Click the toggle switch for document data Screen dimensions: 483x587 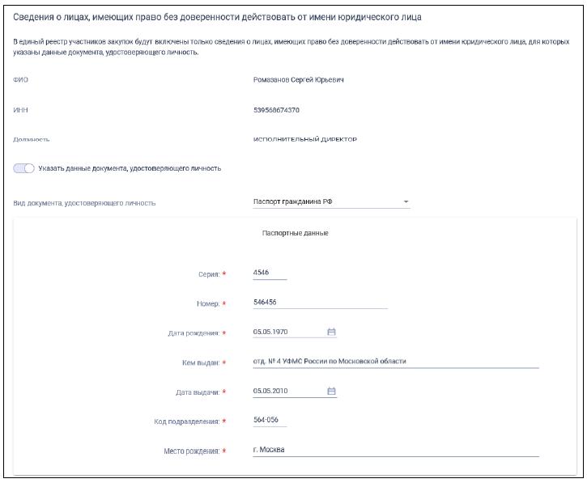coord(23,168)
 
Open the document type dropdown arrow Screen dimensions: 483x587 coord(406,202)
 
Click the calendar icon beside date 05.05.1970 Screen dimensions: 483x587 coord(331,332)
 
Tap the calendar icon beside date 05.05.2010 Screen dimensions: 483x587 coord(331,392)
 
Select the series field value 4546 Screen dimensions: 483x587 coord(262,273)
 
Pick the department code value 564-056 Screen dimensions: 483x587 coord(265,421)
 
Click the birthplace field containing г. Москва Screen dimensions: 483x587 coord(270,450)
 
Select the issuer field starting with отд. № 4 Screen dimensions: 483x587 coord(329,362)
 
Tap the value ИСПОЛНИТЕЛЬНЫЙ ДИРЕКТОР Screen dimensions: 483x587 coord(305,139)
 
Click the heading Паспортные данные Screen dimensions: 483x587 coord(295,233)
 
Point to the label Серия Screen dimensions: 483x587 coord(207,274)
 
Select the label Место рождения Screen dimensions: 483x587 coord(190,451)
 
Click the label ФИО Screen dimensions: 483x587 coord(20,80)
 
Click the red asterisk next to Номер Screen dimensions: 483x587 coord(223,304)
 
